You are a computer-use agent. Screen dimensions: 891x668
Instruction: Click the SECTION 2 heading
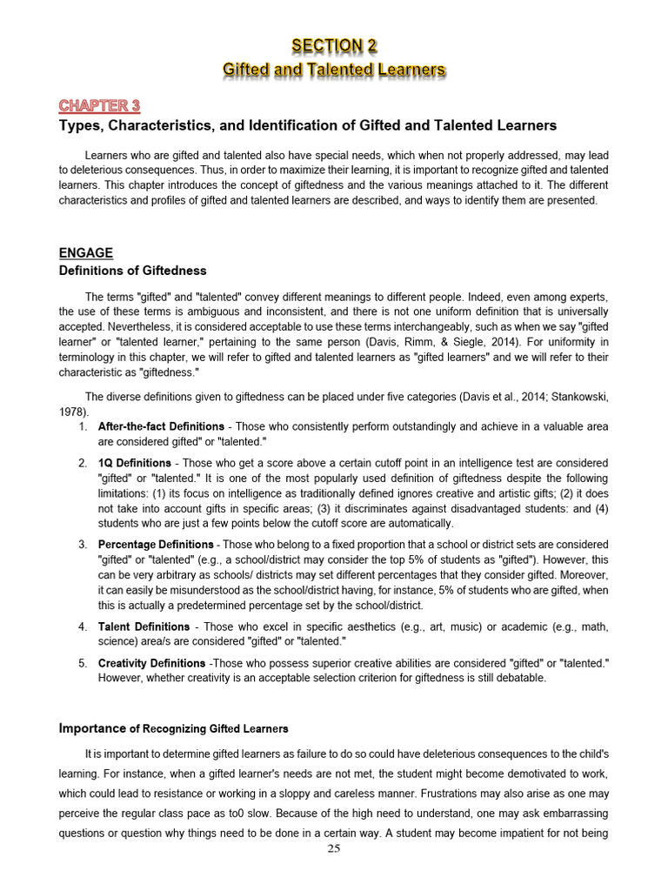tap(334, 45)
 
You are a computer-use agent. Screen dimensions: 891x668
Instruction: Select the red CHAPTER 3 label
tap(99, 106)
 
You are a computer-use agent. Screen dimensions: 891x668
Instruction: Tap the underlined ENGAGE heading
tap(85, 253)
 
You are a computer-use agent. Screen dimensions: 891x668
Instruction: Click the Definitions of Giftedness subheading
tap(132, 271)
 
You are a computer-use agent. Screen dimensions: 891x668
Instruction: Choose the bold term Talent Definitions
tap(144, 626)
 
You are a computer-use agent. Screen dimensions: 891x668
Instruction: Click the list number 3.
tap(83, 545)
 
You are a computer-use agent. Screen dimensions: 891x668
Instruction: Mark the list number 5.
tap(83, 663)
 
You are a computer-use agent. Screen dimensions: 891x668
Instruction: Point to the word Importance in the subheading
tap(91, 727)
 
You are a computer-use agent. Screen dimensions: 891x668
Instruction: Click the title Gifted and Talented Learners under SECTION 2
tap(334, 69)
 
